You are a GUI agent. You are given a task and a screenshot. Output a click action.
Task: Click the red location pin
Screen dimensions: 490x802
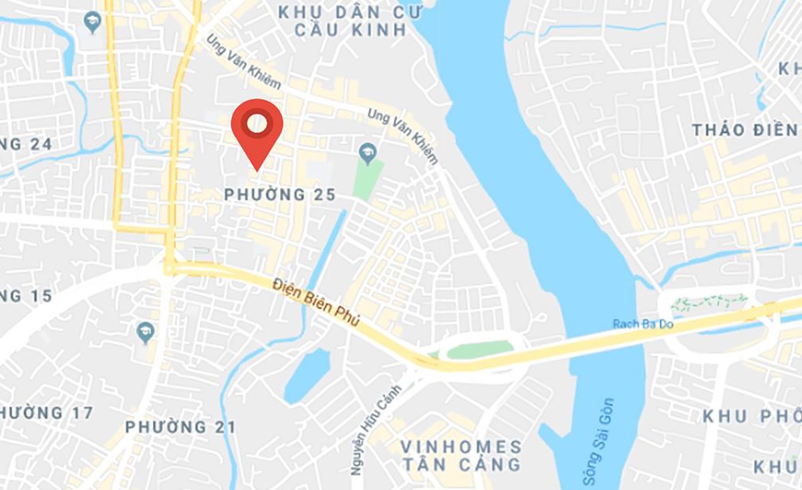click(257, 127)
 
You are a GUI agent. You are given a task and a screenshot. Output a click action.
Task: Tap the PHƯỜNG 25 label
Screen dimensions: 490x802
click(279, 195)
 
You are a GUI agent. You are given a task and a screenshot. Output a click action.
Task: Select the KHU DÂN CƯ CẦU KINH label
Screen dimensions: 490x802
click(342, 21)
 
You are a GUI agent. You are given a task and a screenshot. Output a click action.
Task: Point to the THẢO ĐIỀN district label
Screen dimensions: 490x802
click(745, 130)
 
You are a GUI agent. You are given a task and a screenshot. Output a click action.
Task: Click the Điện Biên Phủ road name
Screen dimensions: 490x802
click(316, 302)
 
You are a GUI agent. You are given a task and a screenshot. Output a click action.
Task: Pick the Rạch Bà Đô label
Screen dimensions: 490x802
click(642, 324)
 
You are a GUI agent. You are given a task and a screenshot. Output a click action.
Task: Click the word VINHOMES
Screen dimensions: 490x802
click(460, 447)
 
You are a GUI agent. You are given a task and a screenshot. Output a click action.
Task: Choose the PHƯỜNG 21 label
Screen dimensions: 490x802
click(180, 426)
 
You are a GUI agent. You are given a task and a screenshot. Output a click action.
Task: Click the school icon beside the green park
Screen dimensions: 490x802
click(366, 153)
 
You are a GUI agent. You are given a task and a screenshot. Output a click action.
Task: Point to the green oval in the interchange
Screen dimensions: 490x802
click(479, 349)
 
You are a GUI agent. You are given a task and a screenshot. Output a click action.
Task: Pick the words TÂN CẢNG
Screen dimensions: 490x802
click(460, 464)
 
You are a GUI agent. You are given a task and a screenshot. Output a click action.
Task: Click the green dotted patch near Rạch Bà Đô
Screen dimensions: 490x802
click(709, 303)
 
